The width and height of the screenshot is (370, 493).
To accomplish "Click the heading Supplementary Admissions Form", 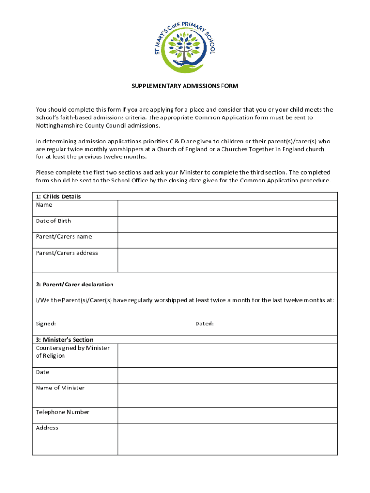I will pos(185,86).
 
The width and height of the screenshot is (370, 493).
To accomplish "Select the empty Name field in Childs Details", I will pos(227,208).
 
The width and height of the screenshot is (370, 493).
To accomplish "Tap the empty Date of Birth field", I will pos(227,224).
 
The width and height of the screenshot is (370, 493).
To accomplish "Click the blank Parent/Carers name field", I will pos(227,240).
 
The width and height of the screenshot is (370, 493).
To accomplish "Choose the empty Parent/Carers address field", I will pos(227,260).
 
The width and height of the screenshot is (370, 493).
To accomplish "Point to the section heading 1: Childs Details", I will pos(58,196).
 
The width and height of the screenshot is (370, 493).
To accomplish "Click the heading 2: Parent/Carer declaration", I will pos(74,285).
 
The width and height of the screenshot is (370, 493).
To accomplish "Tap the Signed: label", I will pos(46,324).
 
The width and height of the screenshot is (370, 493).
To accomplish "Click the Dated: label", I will pos(204,324).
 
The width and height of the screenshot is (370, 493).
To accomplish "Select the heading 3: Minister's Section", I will pos(64,340).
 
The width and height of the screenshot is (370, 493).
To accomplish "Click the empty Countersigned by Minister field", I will pos(227,355).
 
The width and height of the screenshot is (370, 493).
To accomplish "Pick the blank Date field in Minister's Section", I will pos(227,376).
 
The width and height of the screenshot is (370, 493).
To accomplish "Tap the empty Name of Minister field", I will pos(227,395).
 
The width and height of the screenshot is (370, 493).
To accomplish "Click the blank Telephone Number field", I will pos(227,415).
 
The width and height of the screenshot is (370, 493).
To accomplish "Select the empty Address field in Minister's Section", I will pos(227,439).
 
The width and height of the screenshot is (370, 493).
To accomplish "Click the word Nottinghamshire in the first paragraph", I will pos(59,125).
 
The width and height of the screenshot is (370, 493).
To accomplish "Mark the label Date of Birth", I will pos(53,221).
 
